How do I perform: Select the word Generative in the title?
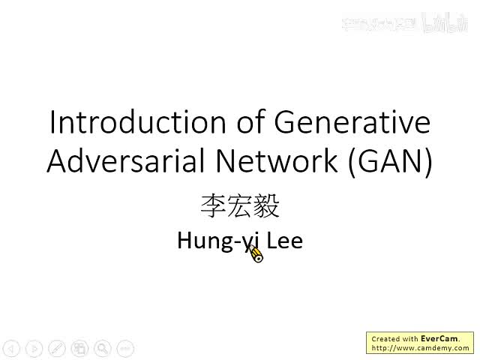pyautogui.click(x=353, y=122)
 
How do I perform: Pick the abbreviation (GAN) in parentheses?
pyautogui.click(x=389, y=162)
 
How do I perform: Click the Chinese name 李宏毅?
pyautogui.click(x=240, y=205)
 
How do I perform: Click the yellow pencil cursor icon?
pyautogui.click(x=256, y=256)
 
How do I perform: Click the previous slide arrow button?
pyautogui.click(x=10, y=348)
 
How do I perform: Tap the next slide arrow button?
pyautogui.click(x=34, y=348)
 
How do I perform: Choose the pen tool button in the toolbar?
pyautogui.click(x=57, y=348)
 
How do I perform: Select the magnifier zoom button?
pyautogui.click(x=102, y=348)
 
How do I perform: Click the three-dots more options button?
pyautogui.click(x=125, y=348)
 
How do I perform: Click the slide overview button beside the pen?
pyautogui.click(x=79, y=348)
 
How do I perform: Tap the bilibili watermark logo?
pyautogui.click(x=445, y=23)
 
